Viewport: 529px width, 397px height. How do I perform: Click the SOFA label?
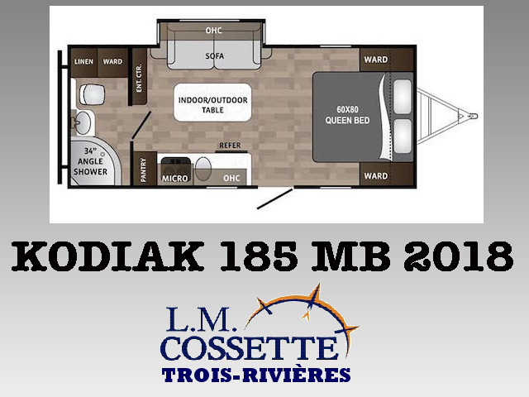coord(215,55)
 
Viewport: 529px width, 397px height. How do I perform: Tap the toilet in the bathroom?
coord(92,94)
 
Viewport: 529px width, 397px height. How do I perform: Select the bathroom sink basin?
coord(83,122)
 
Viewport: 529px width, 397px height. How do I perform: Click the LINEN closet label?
coord(83,61)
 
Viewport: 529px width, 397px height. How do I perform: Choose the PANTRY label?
coord(143,170)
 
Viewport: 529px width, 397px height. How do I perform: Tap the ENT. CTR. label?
coord(139,78)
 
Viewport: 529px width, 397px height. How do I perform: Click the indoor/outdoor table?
coord(212,103)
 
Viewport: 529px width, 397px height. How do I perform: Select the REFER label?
coord(230,146)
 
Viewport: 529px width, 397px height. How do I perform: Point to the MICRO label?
coord(174,179)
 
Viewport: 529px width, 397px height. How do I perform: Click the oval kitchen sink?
coord(203,168)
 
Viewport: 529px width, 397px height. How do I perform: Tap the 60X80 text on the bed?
coord(347,109)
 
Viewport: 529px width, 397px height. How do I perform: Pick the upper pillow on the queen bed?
coord(403,92)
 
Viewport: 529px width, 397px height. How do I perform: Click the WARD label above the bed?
coord(376,60)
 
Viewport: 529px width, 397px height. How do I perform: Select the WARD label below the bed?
coord(376,176)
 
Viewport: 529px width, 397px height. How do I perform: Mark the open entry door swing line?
coord(274,199)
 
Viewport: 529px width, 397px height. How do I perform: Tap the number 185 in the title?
coord(259,256)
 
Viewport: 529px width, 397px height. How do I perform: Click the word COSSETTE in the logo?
coord(250,347)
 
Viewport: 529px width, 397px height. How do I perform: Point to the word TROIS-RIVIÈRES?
coord(256,375)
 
